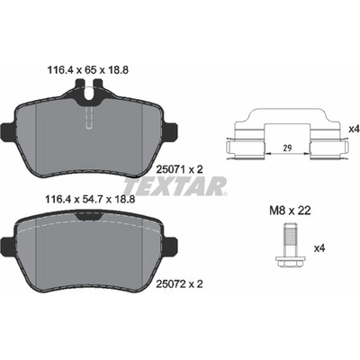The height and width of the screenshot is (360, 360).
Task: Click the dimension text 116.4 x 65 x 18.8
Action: pyautogui.click(x=88, y=70)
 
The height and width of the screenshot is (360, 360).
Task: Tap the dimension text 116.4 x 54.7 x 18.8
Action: pyautogui.click(x=89, y=199)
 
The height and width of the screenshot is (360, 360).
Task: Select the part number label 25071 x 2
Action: pyautogui.click(x=180, y=170)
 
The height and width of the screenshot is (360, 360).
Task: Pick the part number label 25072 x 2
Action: pyautogui.click(x=180, y=283)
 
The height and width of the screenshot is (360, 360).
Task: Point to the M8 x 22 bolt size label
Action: pyautogui.click(x=290, y=211)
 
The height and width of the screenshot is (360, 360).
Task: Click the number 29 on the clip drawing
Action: pyautogui.click(x=287, y=148)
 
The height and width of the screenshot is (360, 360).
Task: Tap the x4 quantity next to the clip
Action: pyautogui.click(x=354, y=130)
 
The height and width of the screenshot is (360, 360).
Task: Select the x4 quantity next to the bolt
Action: pyautogui.click(x=319, y=248)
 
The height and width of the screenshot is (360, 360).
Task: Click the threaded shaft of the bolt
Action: pyautogui.click(x=290, y=240)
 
